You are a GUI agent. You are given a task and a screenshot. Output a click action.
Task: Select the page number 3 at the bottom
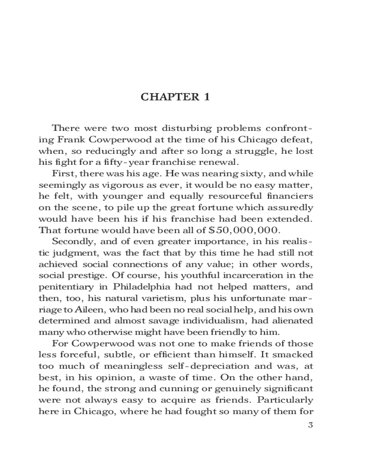click(x=311, y=424)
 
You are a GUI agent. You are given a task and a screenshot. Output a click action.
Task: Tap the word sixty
click(x=252, y=174)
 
